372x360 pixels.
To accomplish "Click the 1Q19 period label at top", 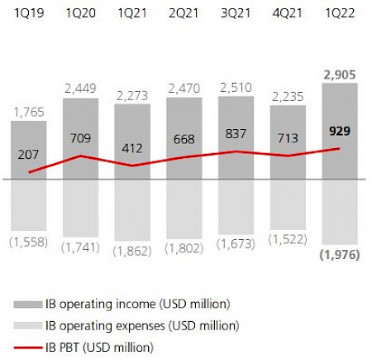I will coord(29,13).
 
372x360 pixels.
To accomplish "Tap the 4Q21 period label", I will coord(287,13).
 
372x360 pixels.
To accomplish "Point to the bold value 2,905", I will coord(339,74).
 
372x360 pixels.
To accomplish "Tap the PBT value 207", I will coord(29,154).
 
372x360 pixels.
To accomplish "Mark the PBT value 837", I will coord(236,132).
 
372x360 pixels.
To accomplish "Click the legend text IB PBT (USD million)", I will coord(107,348).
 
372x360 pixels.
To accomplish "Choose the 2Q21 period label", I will coord(184,13).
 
